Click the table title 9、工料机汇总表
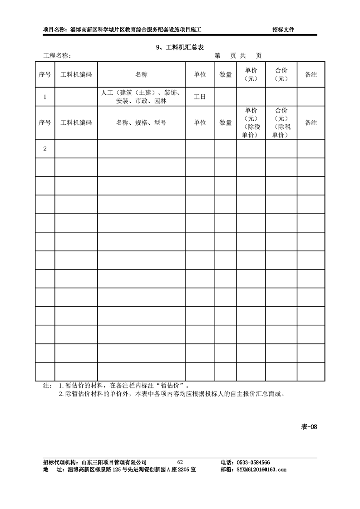point(180,47)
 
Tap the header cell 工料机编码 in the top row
point(76,74)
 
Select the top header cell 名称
point(141,74)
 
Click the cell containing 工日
point(200,97)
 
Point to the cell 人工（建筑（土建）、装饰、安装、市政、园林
point(141,97)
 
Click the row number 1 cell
point(45,97)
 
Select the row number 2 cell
point(45,149)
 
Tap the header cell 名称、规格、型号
point(141,122)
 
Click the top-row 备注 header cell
point(311,74)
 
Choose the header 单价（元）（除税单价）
point(251,122)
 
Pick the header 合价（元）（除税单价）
point(281,122)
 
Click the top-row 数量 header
point(226,74)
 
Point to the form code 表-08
point(309,426)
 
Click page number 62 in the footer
point(180,462)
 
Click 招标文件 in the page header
point(283,29)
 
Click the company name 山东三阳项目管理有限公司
point(114,462)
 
